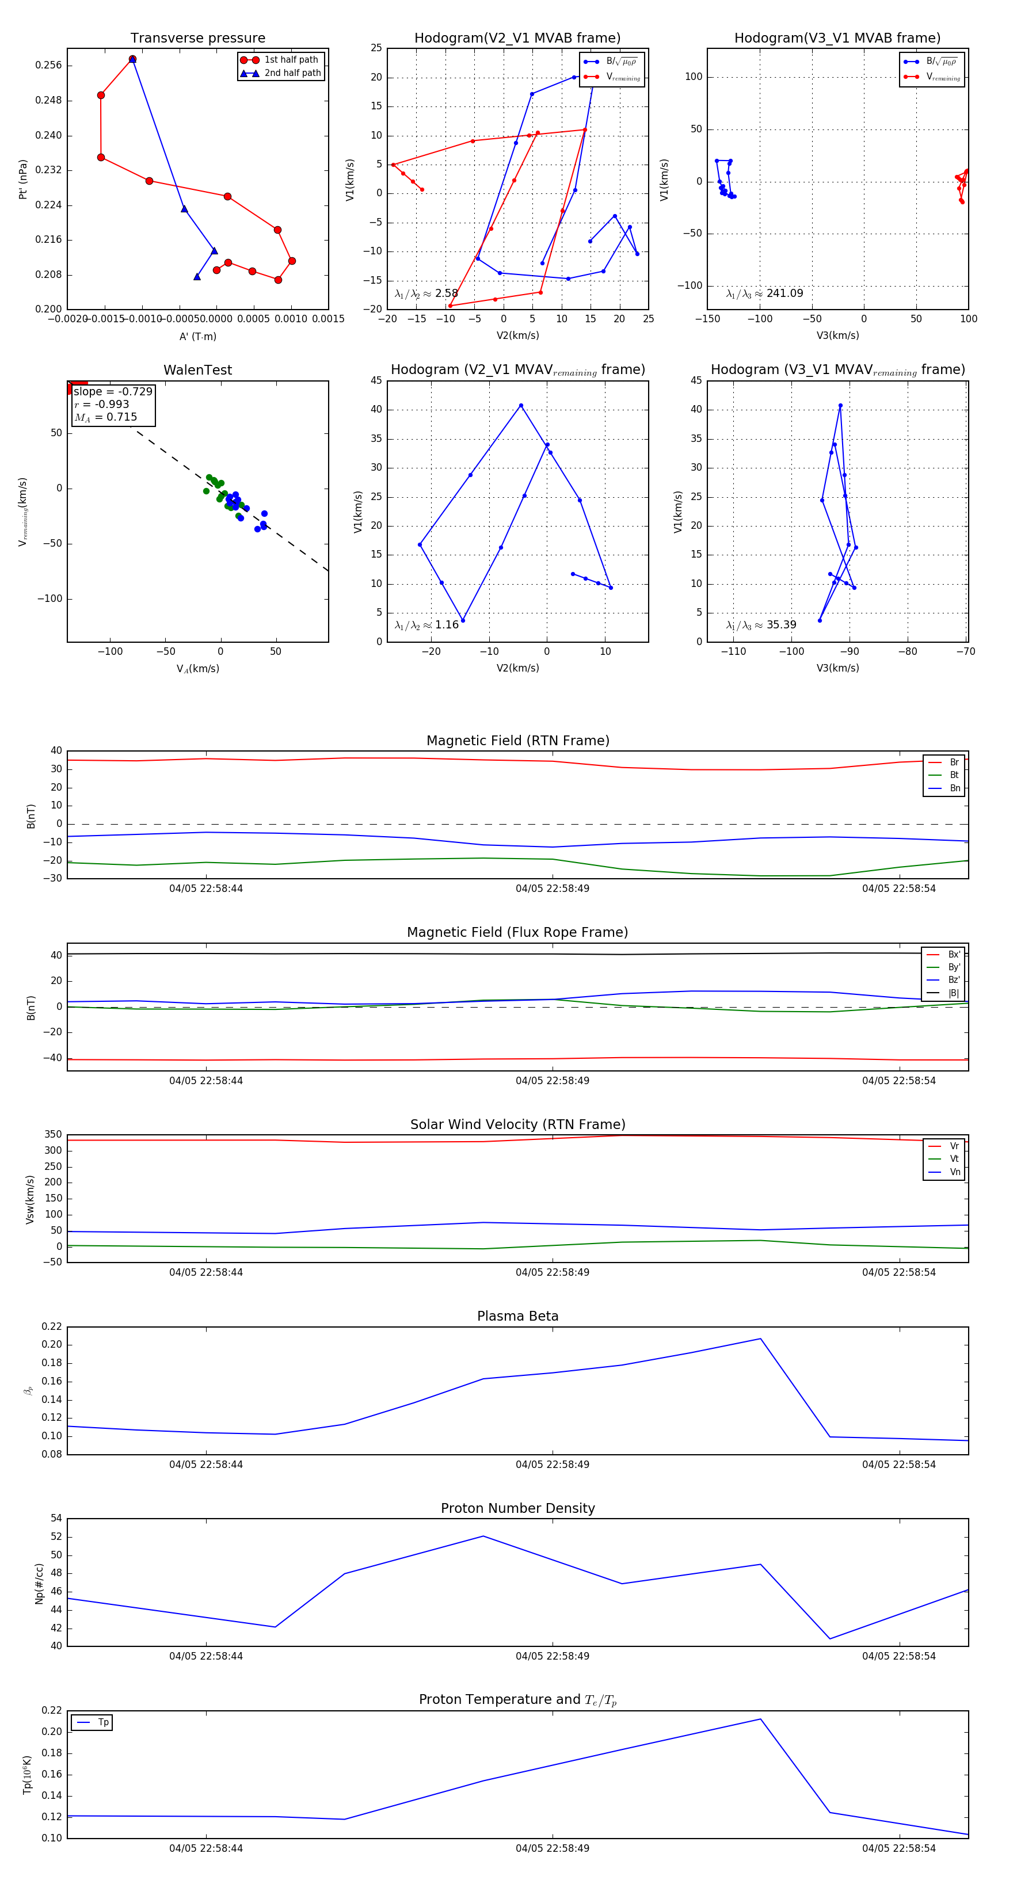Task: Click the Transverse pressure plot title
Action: pos(197,39)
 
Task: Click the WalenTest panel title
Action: pos(197,370)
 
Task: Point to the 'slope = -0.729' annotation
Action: pos(113,391)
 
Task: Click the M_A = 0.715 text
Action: pos(105,417)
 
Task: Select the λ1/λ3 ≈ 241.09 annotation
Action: pos(765,293)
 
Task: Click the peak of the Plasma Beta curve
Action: pos(760,1339)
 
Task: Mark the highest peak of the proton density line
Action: pos(483,1536)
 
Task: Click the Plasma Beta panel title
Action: pos(517,1317)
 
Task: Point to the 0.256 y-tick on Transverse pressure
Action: pos(49,66)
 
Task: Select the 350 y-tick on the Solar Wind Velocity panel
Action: pos(53,1135)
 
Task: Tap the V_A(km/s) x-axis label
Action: pos(197,669)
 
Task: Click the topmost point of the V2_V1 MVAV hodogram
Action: pos(520,406)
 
